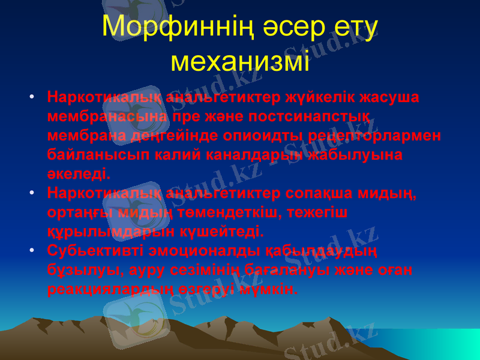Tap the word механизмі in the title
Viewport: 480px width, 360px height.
[x=240, y=61]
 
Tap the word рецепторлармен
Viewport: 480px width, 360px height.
[x=376, y=135]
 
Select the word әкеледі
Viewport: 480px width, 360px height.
[x=78, y=174]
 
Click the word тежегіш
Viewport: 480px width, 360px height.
[x=319, y=212]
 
